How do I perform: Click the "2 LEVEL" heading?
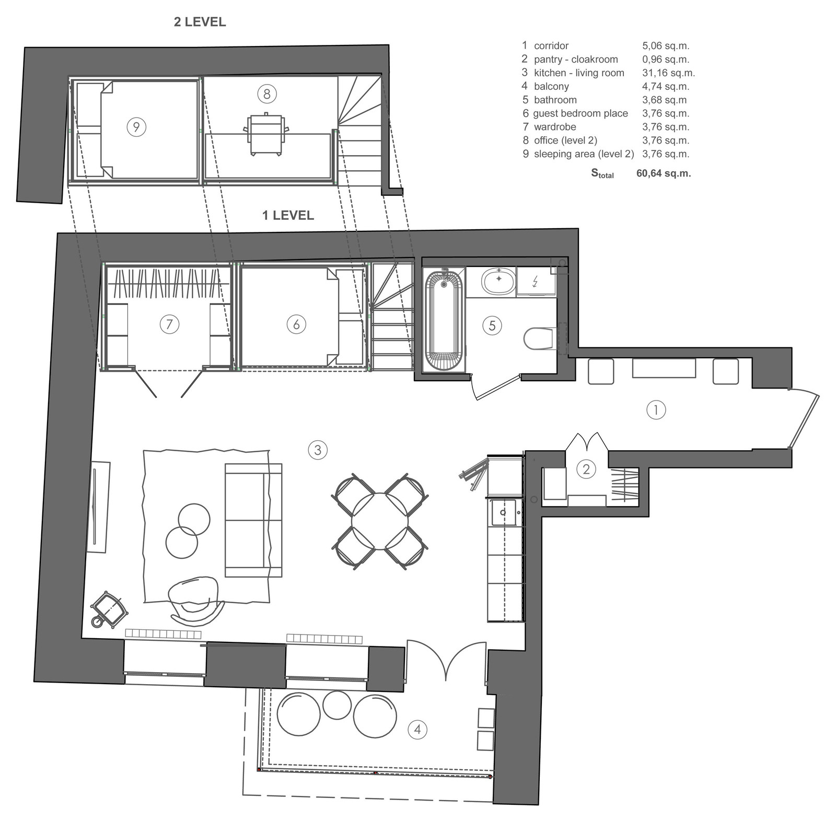pos(200,22)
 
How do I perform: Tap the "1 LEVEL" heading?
pos(288,215)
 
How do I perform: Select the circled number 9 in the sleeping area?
pos(136,127)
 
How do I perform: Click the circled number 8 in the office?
pos(267,94)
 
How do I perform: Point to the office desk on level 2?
pos(266,135)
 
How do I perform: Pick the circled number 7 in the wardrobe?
pos(169,324)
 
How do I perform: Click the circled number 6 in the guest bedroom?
pos(296,324)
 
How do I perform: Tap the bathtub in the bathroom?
pos(444,320)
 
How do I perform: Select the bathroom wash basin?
pos(499,281)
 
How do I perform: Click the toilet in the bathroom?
pos(539,338)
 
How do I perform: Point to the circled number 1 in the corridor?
pos(656,410)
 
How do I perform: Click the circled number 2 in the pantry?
pos(586,469)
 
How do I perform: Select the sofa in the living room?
pos(253,520)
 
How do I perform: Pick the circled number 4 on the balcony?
pos(417,729)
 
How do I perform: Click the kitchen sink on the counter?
pos(503,513)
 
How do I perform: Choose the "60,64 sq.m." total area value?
pos(664,173)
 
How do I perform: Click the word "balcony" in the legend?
pos(551,86)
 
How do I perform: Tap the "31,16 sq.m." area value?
pos(668,73)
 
